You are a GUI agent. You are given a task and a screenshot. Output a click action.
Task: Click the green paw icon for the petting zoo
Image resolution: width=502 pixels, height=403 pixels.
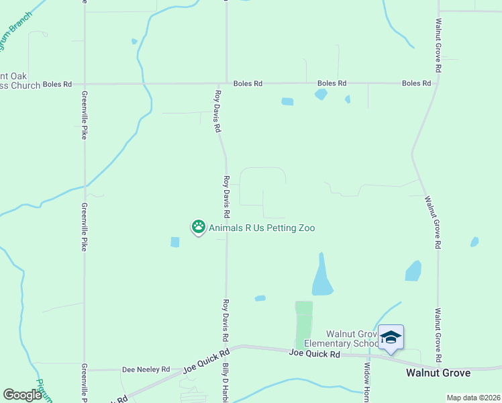[x=199, y=227]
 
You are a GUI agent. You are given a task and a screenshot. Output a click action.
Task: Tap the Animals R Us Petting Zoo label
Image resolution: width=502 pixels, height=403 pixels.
[x=262, y=228]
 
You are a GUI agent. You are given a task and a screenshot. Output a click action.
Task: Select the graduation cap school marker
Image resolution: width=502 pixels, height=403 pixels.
[x=391, y=337]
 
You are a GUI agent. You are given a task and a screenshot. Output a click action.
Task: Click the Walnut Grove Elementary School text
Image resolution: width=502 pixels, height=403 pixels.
[x=352, y=339]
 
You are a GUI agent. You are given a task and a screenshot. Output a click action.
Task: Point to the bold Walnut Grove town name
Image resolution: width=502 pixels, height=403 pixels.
[x=438, y=372]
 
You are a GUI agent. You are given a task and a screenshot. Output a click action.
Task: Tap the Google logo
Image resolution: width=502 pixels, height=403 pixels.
[x=22, y=395]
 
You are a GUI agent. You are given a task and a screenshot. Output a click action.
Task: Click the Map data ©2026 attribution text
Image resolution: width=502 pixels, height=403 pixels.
[x=473, y=398]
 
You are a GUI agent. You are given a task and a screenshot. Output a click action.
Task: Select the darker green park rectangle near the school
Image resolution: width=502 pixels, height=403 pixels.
[x=304, y=324]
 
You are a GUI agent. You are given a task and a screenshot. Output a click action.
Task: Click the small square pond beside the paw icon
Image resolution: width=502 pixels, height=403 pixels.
[x=175, y=242]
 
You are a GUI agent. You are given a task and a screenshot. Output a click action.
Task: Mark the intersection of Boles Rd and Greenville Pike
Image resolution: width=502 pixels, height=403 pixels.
[x=85, y=84]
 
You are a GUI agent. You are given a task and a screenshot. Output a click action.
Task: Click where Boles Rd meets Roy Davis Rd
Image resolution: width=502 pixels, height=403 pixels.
[x=226, y=84]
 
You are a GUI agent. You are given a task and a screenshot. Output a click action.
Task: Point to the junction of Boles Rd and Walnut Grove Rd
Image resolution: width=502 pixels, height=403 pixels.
[x=437, y=84]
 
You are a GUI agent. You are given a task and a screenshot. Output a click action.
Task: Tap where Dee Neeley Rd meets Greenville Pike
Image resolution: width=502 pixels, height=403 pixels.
[x=85, y=369]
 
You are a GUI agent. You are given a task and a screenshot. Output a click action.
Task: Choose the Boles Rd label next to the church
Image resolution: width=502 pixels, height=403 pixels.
[x=57, y=84]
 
